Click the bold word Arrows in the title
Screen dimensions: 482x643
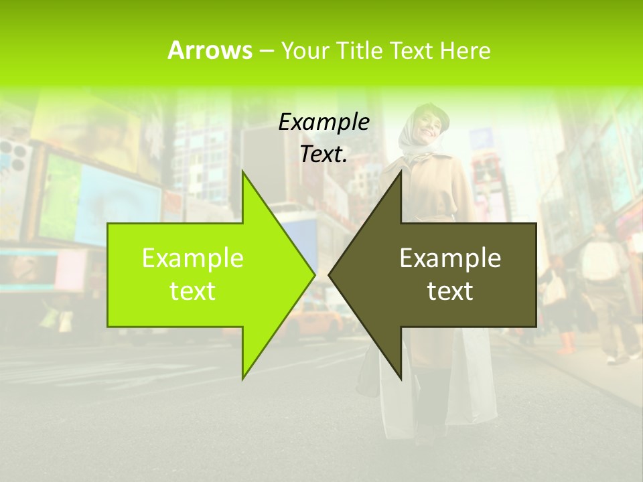(210, 50)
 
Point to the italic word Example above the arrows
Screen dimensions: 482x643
(324, 122)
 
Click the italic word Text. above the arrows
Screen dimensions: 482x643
(324, 154)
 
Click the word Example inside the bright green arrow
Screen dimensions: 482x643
(193, 258)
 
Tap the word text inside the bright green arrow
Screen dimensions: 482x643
(193, 291)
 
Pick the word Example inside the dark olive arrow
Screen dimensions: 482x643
(450, 258)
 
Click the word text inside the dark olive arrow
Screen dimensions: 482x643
(450, 291)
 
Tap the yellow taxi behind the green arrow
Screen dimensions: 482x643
(315, 321)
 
